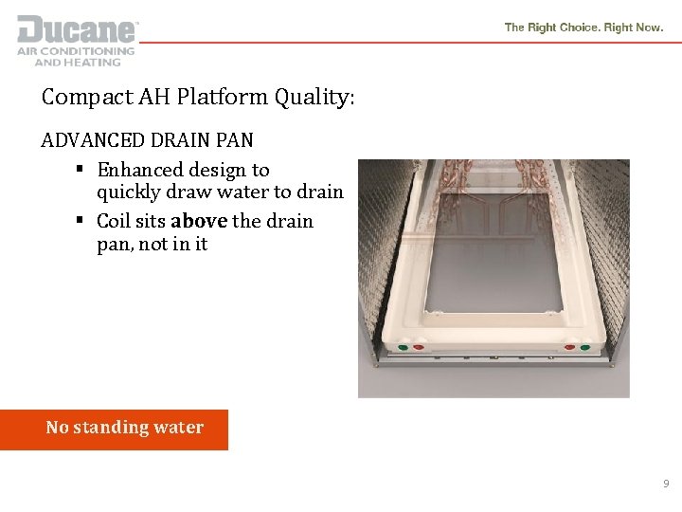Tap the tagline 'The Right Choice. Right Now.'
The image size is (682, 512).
tap(583, 27)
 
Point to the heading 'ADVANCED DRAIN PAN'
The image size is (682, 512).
tap(147, 140)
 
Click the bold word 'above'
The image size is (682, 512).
tap(199, 221)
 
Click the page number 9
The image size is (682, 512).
tap(666, 484)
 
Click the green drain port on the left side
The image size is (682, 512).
tap(403, 348)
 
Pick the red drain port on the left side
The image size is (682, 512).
tap(418, 348)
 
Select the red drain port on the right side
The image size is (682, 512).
tap(570, 348)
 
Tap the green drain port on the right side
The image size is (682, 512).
tap(585, 348)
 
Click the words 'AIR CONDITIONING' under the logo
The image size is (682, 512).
tap(76, 51)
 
